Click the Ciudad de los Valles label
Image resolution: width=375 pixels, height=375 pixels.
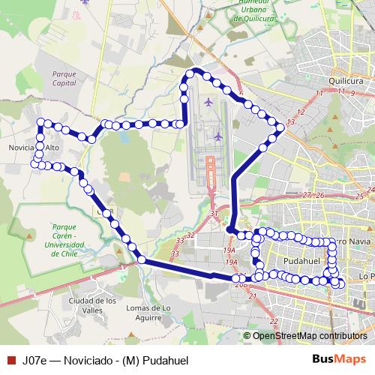click(92, 305)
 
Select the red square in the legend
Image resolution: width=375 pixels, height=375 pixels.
click(9, 360)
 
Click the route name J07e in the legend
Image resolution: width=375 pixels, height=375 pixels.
click(34, 360)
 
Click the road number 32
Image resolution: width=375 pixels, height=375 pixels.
click(190, 235)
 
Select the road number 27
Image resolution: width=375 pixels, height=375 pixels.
click(306, 195)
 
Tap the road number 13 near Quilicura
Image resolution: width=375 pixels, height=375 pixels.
click(291, 121)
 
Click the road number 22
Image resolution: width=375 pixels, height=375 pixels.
click(274, 321)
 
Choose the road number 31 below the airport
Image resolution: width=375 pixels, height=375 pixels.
click(214, 214)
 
